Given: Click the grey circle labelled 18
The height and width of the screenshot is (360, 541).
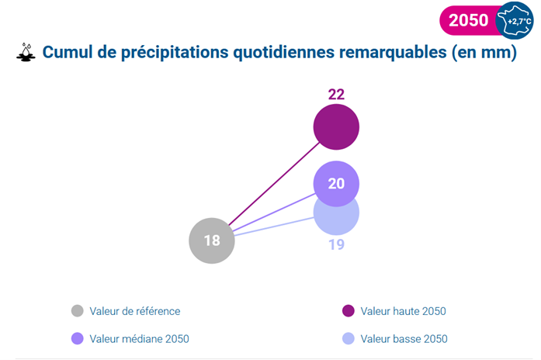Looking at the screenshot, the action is tap(212, 241).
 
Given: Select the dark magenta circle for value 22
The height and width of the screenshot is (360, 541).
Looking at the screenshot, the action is tap(336, 127).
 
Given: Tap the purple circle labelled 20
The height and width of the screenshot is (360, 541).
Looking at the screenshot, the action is tap(336, 184).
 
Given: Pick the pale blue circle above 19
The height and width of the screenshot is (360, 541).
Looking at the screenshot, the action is tap(336, 220).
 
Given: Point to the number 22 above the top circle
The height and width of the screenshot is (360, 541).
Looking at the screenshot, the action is tap(336, 95).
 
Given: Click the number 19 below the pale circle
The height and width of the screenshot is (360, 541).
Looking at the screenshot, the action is tap(336, 245).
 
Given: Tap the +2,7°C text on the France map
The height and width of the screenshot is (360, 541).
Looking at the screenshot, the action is tap(519, 22).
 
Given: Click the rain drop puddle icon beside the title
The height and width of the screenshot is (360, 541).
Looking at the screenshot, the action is tap(26, 53).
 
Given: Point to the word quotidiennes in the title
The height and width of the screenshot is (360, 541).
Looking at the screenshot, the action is tap(284, 53).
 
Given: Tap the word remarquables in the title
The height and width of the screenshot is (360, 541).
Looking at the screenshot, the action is tap(393, 53).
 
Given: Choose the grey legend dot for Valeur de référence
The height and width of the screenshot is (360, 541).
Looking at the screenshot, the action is tap(78, 310).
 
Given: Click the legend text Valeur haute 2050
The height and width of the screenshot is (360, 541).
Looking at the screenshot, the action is tap(404, 311).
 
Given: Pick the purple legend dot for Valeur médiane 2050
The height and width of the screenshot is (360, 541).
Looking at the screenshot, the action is tap(78, 338).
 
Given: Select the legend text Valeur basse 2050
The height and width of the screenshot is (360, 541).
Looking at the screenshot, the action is tap(404, 339).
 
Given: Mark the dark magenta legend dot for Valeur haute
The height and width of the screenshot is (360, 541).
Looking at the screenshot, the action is tap(349, 310).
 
